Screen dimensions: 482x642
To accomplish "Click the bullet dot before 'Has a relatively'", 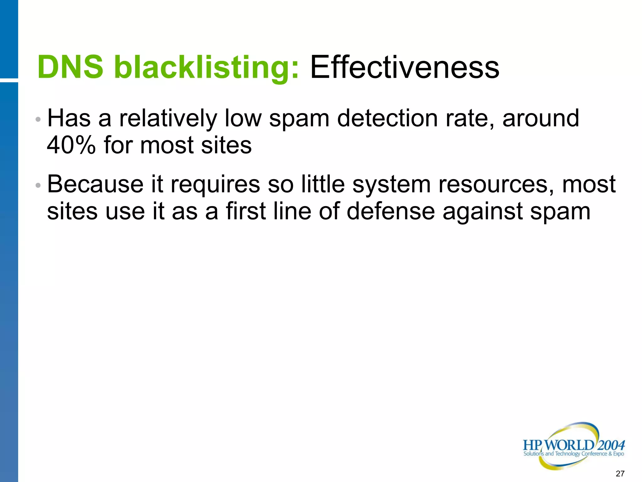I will coord(38,120).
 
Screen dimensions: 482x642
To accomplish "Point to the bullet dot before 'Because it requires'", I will coord(38,185).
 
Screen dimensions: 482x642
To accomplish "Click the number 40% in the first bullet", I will coord(71,145).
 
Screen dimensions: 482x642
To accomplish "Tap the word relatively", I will coord(168,119).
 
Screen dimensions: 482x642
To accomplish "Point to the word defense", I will coord(391,211).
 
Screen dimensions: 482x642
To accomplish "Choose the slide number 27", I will coord(620,474).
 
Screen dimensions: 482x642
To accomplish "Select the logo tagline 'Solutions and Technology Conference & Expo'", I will coord(574,454).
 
